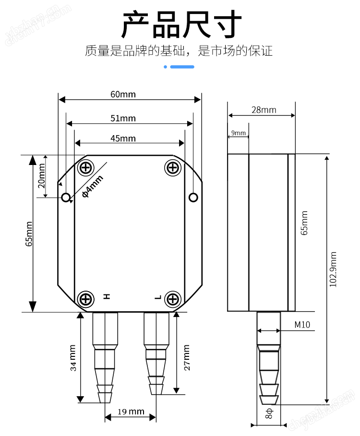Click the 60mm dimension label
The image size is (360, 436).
pyautogui.click(x=123, y=94)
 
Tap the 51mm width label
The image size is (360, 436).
pyautogui.click(x=123, y=118)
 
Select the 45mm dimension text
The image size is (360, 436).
pyautogui.click(x=123, y=138)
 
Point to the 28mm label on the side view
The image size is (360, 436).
pyautogui.click(x=264, y=110)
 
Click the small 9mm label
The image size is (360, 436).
pyautogui.click(x=239, y=133)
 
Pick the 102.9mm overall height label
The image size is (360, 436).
pyautogui.click(x=333, y=269)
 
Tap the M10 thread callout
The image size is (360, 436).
pyautogui.click(x=302, y=325)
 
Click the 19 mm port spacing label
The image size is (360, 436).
pyautogui.click(x=131, y=412)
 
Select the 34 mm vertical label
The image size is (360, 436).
pyautogui.click(x=73, y=358)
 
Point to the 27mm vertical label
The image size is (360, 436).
pyautogui.click(x=187, y=358)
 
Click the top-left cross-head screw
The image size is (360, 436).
pyautogui.click(x=86, y=168)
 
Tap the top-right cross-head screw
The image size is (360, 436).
pyautogui.click(x=173, y=168)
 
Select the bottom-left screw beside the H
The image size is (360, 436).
pyautogui.click(x=86, y=299)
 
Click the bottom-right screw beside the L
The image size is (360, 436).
pyautogui.click(x=173, y=299)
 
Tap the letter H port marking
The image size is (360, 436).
pyautogui.click(x=107, y=296)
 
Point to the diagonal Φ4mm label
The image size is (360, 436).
pyautogui.click(x=93, y=186)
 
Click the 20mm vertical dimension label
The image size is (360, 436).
pyautogui.click(x=41, y=176)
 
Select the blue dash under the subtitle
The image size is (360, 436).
pyautogui.click(x=182, y=67)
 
